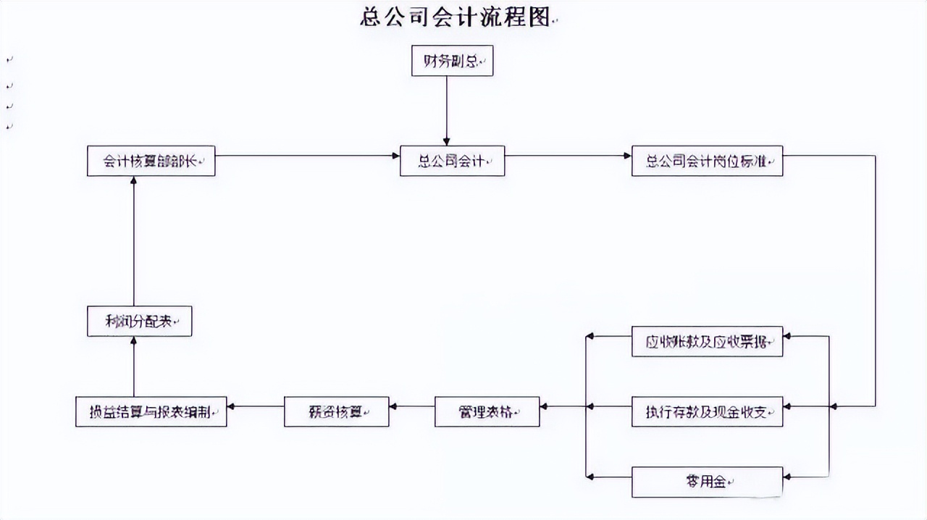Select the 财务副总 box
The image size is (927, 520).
coord(452,61)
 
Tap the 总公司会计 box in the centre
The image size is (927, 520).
coord(452,161)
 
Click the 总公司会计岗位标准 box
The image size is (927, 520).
coord(707,161)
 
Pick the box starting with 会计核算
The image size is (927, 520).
coord(151,161)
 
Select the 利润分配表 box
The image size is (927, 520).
coord(139,322)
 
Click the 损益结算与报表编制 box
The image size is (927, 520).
coord(151,411)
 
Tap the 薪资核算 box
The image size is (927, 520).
coord(336,411)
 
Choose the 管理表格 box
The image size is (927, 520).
coord(487,411)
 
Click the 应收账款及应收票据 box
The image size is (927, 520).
coord(707,341)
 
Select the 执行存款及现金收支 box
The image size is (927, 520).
coord(707,411)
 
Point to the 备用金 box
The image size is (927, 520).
coord(707,482)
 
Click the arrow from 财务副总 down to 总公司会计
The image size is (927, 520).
coord(446,109)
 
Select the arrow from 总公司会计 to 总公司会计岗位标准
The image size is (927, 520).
coord(568,156)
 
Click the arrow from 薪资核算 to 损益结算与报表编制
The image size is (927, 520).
coord(255,406)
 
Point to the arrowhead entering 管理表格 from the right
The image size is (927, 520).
coord(545,407)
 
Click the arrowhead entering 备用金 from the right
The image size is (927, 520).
coord(788,477)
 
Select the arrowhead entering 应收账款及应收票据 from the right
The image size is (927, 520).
coord(788,336)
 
